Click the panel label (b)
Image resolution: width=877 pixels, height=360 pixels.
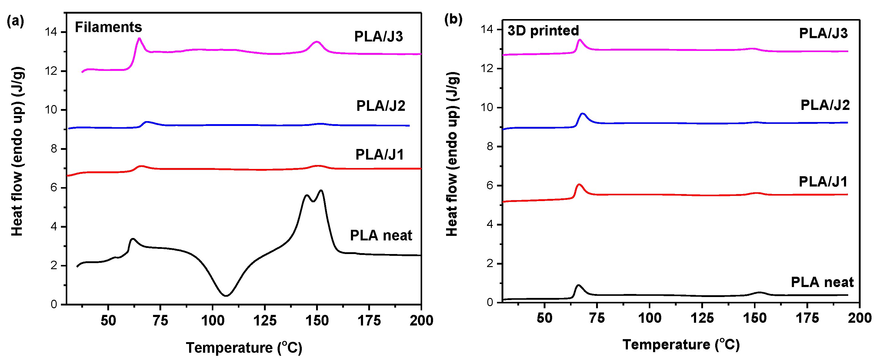click(453, 19)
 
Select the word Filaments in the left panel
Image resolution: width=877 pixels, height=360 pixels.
click(108, 27)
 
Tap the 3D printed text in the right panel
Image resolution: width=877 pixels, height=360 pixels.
click(543, 30)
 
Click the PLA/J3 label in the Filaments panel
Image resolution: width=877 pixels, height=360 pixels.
click(378, 36)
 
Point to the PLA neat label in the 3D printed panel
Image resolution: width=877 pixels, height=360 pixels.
click(822, 282)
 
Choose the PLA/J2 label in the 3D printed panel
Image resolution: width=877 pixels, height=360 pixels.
click(825, 105)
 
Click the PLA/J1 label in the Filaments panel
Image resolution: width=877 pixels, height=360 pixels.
click(380, 154)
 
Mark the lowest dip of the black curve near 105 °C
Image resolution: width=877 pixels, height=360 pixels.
click(226, 295)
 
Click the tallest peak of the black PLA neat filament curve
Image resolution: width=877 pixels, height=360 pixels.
click(320, 190)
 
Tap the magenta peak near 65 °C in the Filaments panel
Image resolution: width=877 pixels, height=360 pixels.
click(139, 38)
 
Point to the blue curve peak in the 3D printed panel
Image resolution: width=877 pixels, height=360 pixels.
click(582, 114)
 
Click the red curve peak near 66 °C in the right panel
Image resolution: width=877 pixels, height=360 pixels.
click(579, 184)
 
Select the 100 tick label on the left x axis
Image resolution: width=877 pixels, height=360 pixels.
click(212, 321)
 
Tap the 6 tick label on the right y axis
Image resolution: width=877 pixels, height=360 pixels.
click(490, 185)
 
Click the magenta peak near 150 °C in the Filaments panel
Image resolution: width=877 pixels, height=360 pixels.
click(317, 42)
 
